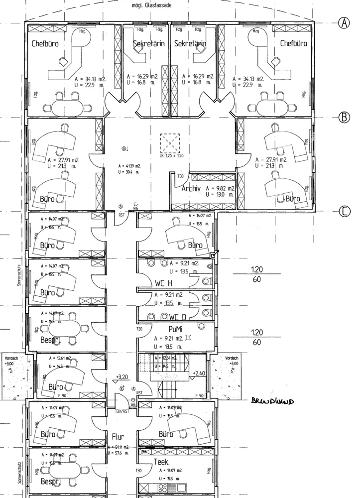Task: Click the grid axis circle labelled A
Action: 345,22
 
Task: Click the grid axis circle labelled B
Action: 345,117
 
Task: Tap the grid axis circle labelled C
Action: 345,212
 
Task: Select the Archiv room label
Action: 191,189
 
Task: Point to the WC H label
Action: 163,283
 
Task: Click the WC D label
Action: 176,317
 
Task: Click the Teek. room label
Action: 163,461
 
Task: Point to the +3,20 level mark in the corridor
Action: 122,377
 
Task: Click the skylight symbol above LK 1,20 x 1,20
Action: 170,143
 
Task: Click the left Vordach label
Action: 10,358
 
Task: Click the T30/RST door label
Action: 122,412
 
